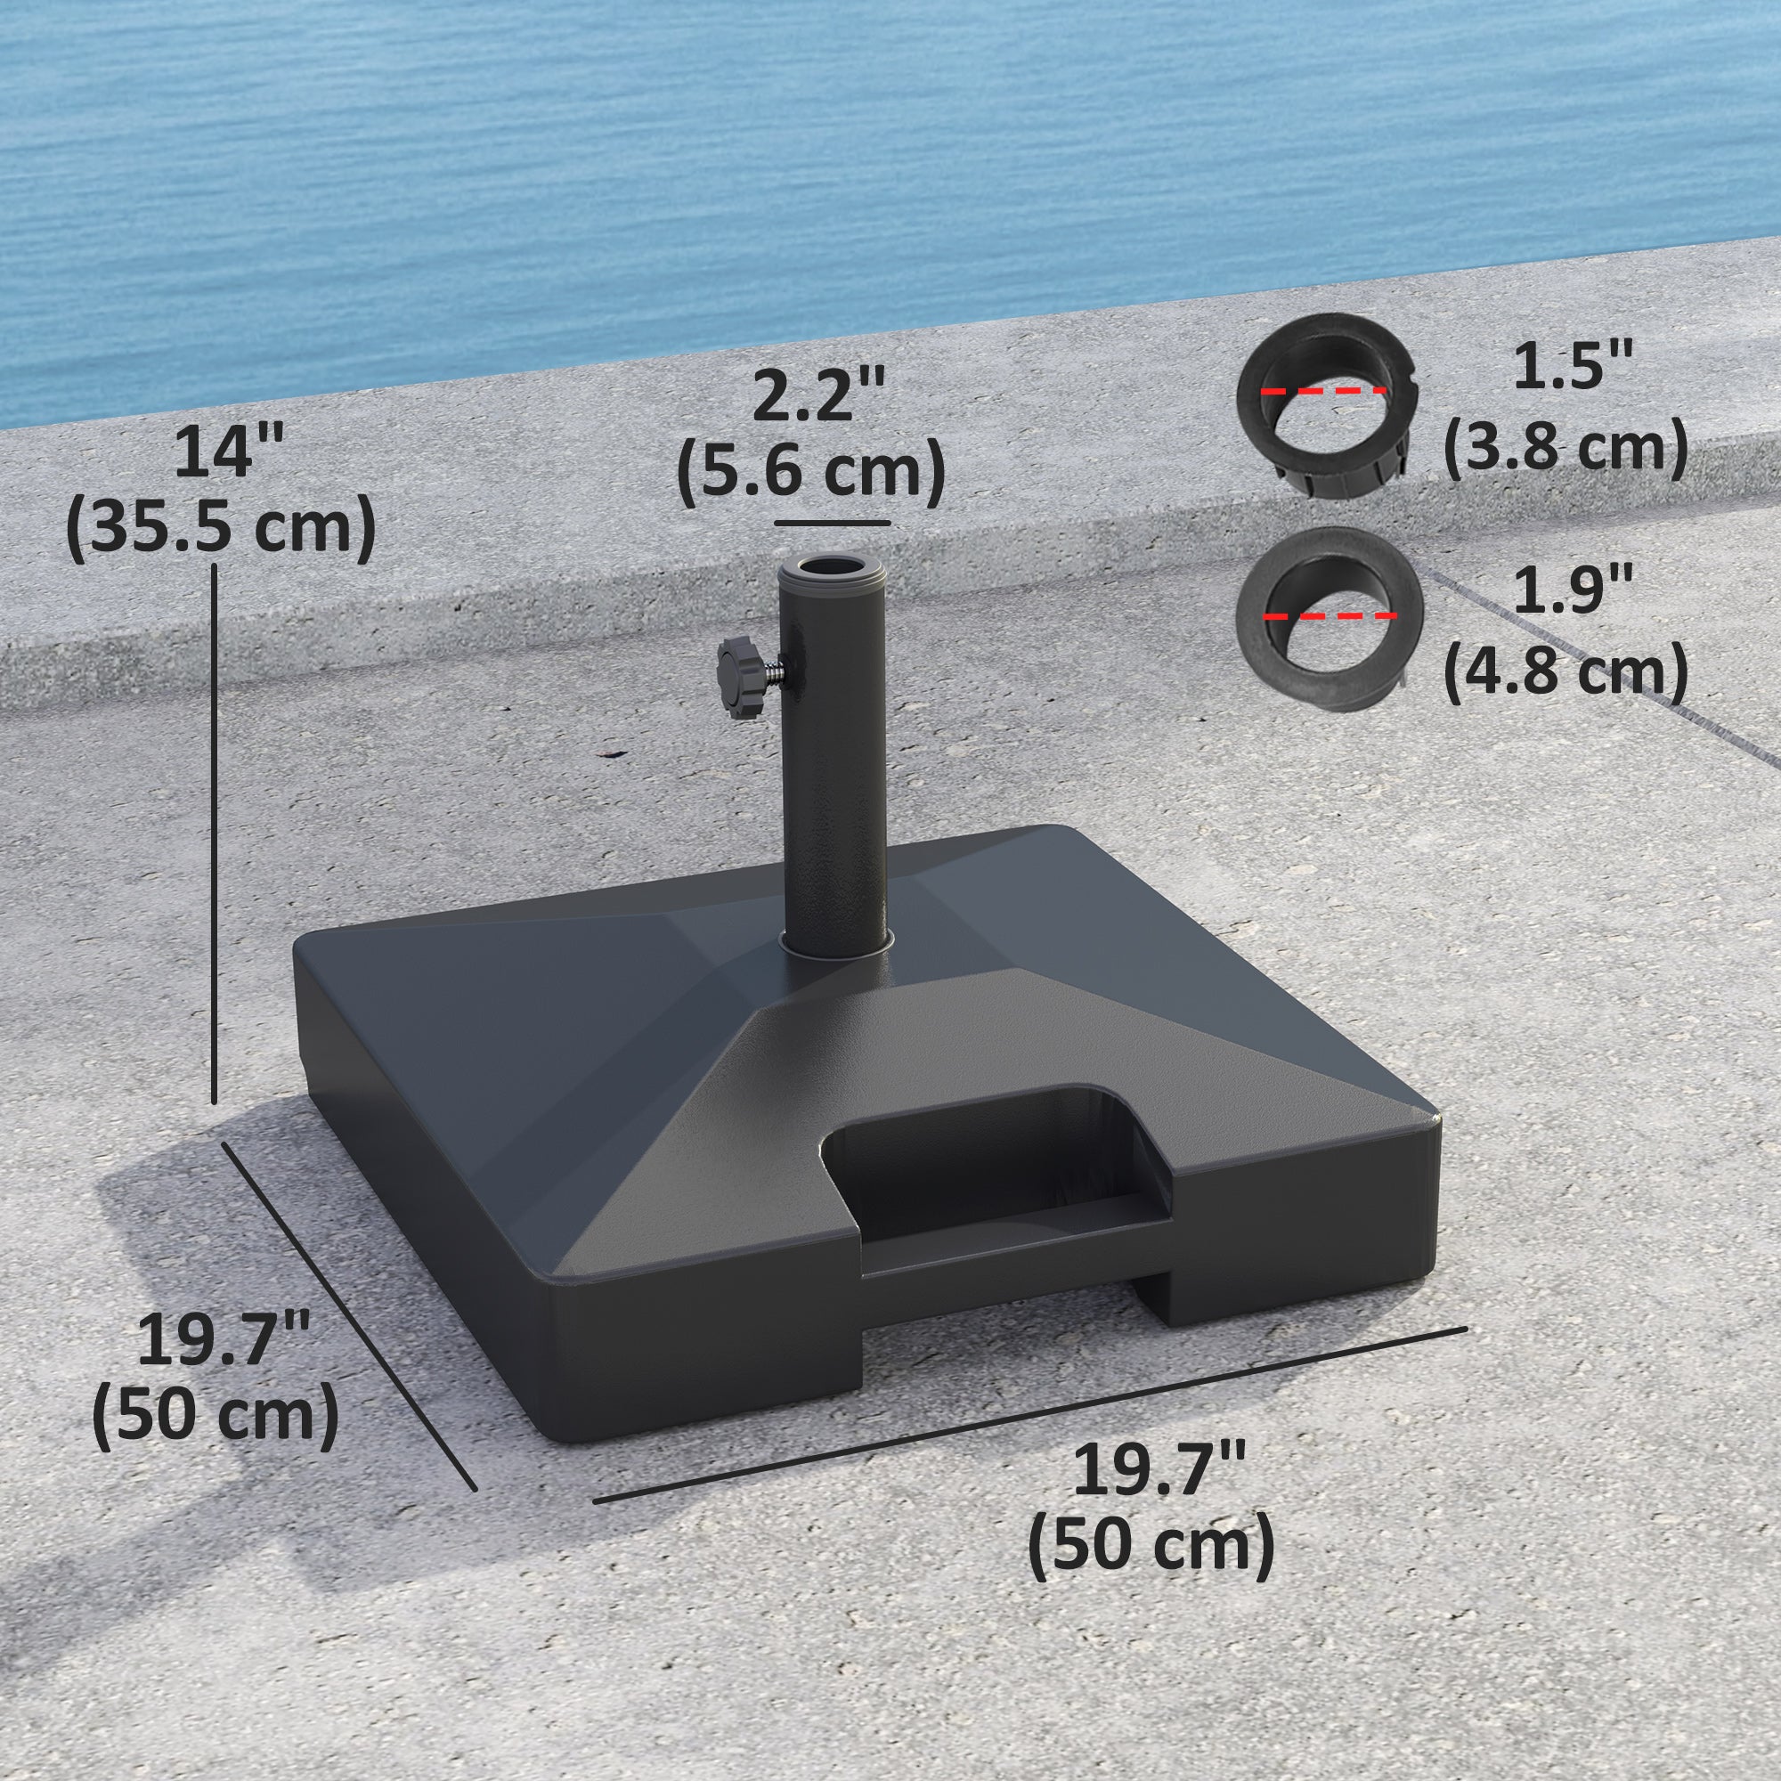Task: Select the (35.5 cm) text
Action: point(221,528)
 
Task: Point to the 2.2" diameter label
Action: point(815,394)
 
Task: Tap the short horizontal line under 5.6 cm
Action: point(832,523)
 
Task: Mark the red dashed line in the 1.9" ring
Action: point(1330,614)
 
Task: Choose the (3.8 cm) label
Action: point(1565,450)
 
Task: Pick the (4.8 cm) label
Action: point(1565,673)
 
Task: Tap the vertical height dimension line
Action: point(215,830)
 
